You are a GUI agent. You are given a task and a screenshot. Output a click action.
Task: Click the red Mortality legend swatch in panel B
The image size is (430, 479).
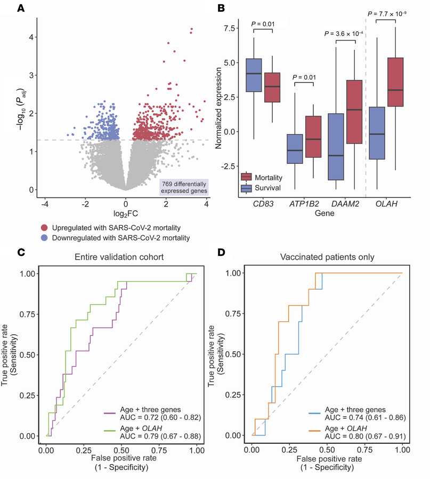247,177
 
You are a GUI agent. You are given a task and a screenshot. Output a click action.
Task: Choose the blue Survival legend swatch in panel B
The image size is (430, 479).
247,188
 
